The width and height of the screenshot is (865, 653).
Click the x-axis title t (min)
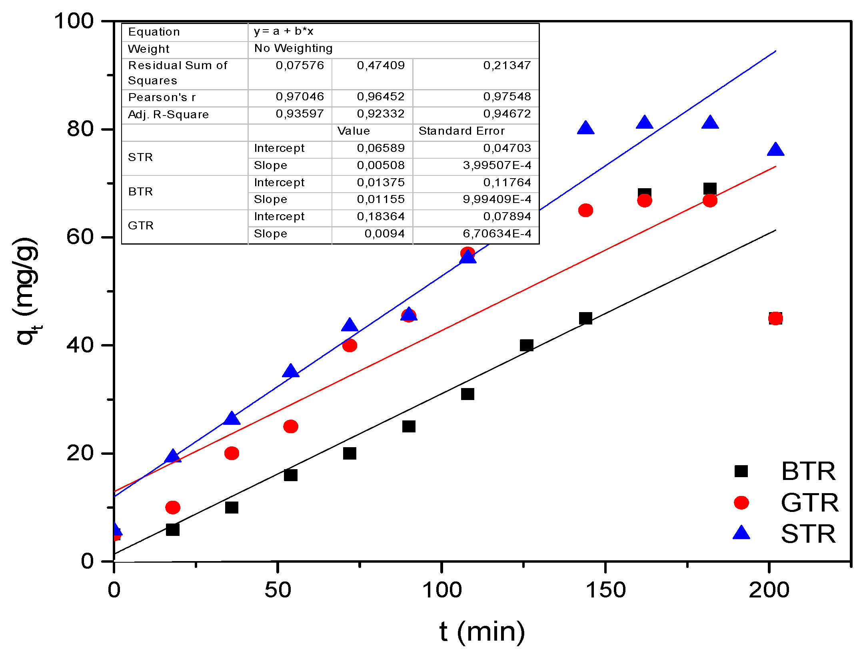tap(482, 632)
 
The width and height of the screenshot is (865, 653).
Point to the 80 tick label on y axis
tap(80, 129)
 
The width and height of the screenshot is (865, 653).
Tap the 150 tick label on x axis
tap(605, 590)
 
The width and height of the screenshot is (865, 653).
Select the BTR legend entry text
tap(808, 471)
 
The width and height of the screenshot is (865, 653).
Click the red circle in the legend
tap(741, 502)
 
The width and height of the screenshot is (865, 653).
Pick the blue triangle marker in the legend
tap(741, 533)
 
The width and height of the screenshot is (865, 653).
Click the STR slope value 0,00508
tap(381, 165)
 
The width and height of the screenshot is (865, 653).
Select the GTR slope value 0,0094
tap(384, 233)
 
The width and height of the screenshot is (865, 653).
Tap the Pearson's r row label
tap(162, 97)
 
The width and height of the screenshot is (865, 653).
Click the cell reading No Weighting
tap(293, 48)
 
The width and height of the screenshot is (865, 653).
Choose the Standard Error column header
tap(461, 131)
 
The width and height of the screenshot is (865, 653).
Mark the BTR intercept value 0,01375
tap(381, 182)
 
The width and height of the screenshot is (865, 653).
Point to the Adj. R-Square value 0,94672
tap(507, 114)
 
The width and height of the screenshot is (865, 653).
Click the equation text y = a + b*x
tap(284, 31)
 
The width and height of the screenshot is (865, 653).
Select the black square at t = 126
tap(526, 345)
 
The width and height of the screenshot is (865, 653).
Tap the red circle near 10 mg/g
tap(173, 507)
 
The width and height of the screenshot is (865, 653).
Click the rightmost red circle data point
tap(775, 319)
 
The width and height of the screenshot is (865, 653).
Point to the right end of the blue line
tap(775, 51)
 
